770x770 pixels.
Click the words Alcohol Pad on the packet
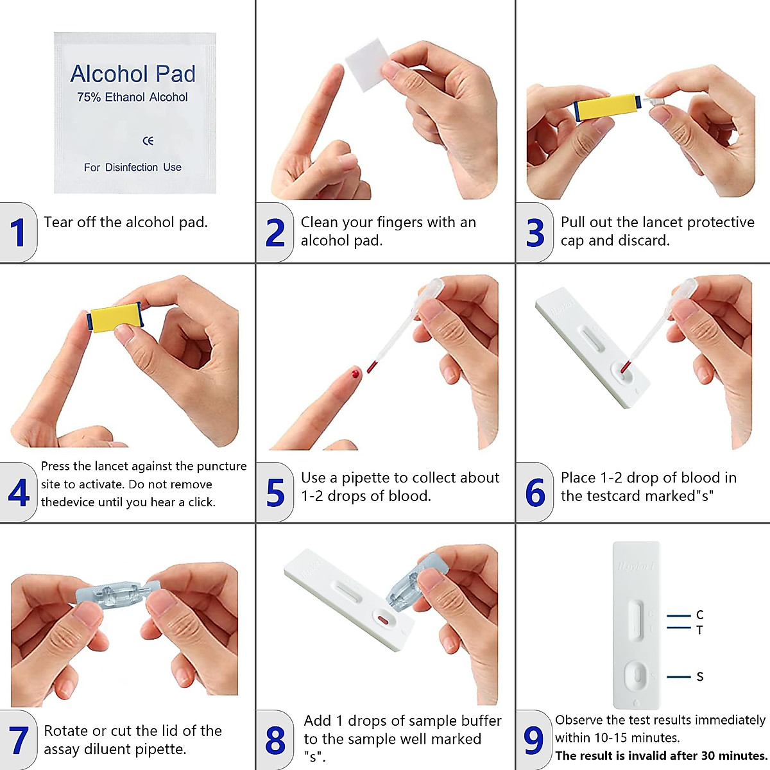[x=133, y=74]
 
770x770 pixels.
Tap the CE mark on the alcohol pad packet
[x=148, y=141]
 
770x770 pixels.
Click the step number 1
[x=17, y=233]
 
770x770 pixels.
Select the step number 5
[x=275, y=493]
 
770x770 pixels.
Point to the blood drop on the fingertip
[x=355, y=373]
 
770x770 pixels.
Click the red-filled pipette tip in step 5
[x=372, y=366]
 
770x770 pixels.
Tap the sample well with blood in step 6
[x=624, y=368]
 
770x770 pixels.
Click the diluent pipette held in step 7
[x=117, y=593]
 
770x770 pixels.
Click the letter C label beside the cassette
[x=699, y=615]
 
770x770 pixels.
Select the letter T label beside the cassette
[x=699, y=630]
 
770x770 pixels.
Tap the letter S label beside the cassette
[x=699, y=677]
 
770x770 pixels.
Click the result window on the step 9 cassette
[x=635, y=620]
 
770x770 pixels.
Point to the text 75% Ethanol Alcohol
[x=133, y=98]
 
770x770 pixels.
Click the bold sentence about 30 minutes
[x=661, y=756]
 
